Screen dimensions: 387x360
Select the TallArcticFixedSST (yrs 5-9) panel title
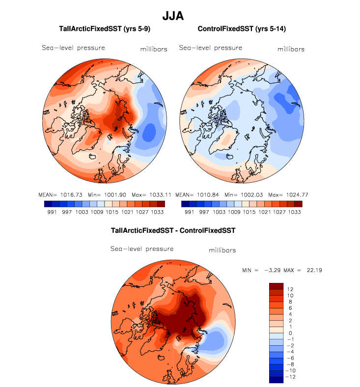(104, 29)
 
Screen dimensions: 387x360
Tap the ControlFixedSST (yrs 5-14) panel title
(242, 29)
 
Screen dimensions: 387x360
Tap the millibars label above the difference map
(222, 250)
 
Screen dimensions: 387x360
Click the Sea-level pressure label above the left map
(73, 48)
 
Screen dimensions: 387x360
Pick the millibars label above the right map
(291, 49)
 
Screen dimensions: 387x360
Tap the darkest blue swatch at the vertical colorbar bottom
(276, 379)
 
